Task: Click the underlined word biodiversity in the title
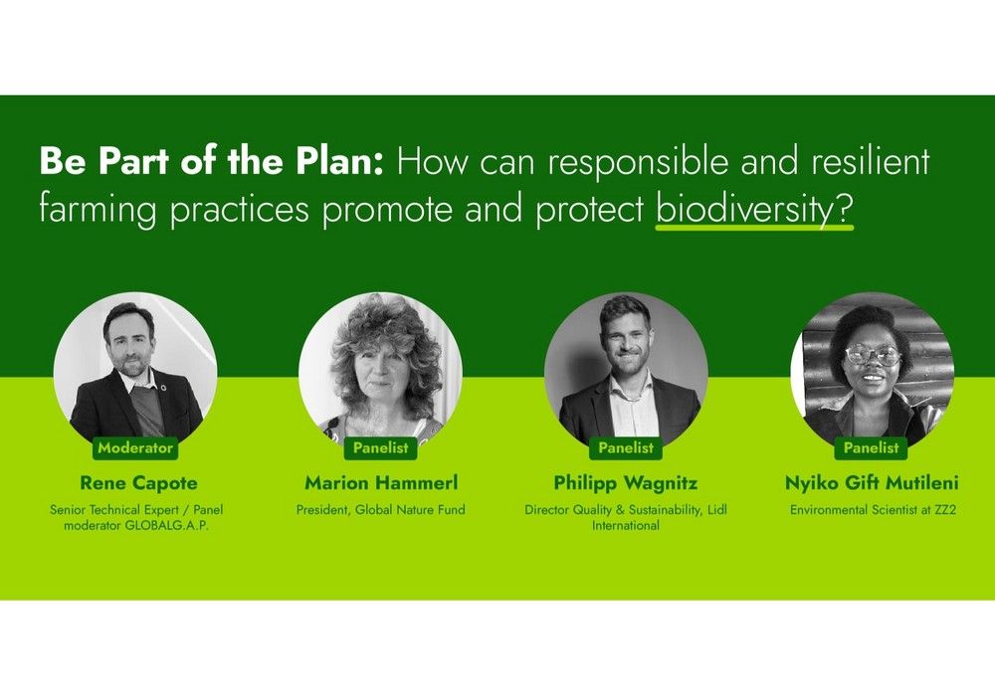pos(743,210)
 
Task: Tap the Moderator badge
pos(135,448)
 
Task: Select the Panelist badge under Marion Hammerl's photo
pos(381,448)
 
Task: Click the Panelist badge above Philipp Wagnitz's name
pos(626,448)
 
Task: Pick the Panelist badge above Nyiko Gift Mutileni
pos(872,448)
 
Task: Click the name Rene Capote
pos(138,483)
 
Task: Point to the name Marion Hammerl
pos(381,483)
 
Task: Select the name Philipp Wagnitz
pos(626,483)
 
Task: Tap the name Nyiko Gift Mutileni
pos(872,483)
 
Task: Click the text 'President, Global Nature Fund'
pos(381,510)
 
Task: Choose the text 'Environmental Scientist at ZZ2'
pos(873,510)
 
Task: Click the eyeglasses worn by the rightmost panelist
pos(874,356)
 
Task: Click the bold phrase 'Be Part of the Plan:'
pos(212,161)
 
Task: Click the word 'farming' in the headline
pos(98,210)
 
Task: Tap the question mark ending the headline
pos(844,209)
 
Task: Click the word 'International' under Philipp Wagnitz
pos(626,526)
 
